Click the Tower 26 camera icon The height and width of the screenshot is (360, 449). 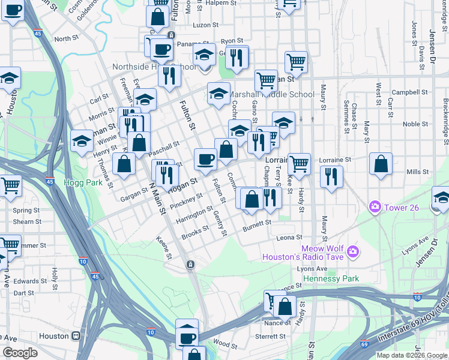pyautogui.click(x=375, y=207)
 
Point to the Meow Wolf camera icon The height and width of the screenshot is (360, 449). pyautogui.click(x=352, y=250)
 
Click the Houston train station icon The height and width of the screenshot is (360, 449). pyautogui.click(x=76, y=336)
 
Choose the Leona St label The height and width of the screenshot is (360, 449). pyautogui.click(x=289, y=238)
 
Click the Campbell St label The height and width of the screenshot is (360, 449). pyautogui.click(x=403, y=92)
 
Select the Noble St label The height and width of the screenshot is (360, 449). pyautogui.click(x=415, y=124)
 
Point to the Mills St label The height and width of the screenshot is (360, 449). pyautogui.click(x=417, y=172)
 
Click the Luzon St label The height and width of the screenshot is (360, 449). pyautogui.click(x=205, y=26)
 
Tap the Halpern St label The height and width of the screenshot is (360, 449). pyautogui.click(x=221, y=3)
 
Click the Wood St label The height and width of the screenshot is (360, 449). pyautogui.click(x=225, y=344)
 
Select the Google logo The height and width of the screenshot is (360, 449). pyautogui.click(x=20, y=353)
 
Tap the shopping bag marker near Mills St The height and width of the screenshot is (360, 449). pyautogui.click(x=381, y=164)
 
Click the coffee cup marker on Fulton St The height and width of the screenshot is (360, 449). pyautogui.click(x=205, y=159)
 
